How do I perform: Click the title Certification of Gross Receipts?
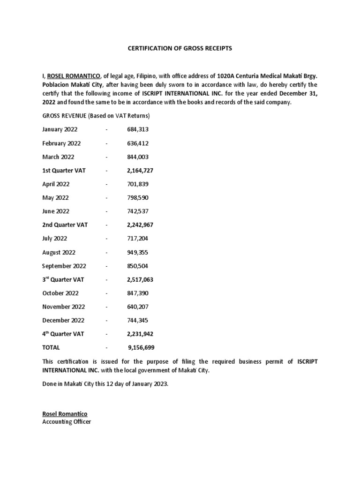coord(180,48)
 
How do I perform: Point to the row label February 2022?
coord(61,143)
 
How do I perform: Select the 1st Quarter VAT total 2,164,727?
coord(140,171)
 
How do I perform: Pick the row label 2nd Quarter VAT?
coord(65,225)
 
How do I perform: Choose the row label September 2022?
coord(64,266)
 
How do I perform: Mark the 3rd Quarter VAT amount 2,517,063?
coord(140,280)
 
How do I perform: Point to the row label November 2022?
coord(63,307)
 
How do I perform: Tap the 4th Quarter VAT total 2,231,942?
coord(140,334)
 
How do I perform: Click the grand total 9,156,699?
coord(141,348)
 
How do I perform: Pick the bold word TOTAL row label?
coord(51,348)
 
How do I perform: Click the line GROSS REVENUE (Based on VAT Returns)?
coord(96,116)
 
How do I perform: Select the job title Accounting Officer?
coord(67,421)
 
